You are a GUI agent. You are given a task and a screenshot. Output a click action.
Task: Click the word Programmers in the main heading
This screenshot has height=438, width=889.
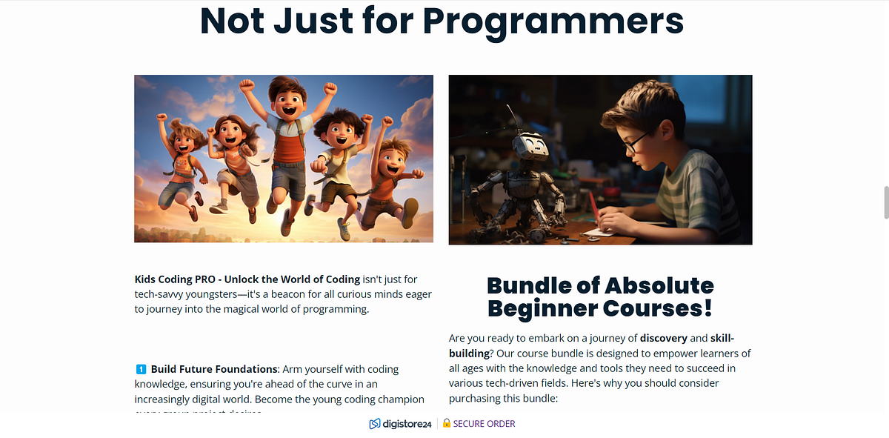click(553, 21)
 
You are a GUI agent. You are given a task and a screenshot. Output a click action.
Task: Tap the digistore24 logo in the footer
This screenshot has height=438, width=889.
click(401, 424)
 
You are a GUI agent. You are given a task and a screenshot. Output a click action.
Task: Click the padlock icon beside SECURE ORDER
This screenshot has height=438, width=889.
click(446, 424)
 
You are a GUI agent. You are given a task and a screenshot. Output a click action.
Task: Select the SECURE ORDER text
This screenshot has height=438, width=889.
click(484, 424)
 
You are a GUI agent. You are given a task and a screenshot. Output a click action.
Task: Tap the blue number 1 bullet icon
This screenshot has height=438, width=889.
click(141, 369)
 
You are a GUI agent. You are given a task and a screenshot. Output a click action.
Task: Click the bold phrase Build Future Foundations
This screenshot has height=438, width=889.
click(213, 369)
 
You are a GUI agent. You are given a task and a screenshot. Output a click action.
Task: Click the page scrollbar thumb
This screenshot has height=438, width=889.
click(885, 202)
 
